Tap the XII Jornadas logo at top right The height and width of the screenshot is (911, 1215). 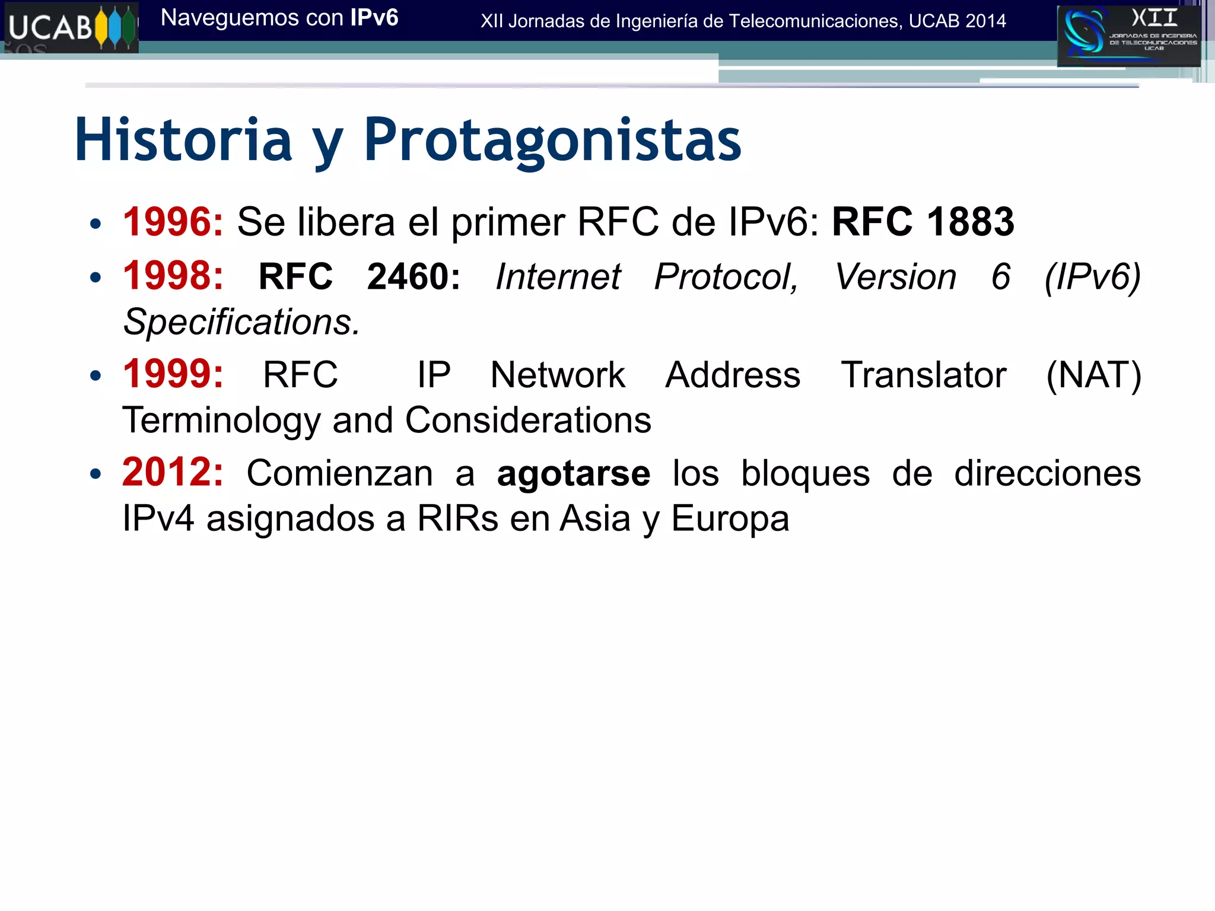click(x=1128, y=36)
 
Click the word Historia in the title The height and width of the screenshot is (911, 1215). click(x=183, y=140)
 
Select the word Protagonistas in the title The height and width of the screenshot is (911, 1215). click(x=552, y=140)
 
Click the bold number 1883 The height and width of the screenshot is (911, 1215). click(x=970, y=222)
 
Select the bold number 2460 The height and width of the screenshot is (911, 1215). click(x=413, y=277)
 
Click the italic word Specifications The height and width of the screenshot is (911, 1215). click(x=241, y=322)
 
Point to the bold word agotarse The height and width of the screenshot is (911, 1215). click(x=573, y=474)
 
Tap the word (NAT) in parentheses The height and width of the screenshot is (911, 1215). click(x=1093, y=375)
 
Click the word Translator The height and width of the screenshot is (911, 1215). click(x=923, y=375)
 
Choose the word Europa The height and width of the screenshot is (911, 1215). click(x=730, y=519)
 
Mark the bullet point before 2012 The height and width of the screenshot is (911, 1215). click(x=96, y=474)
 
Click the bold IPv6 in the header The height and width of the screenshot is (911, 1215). click(x=374, y=18)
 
